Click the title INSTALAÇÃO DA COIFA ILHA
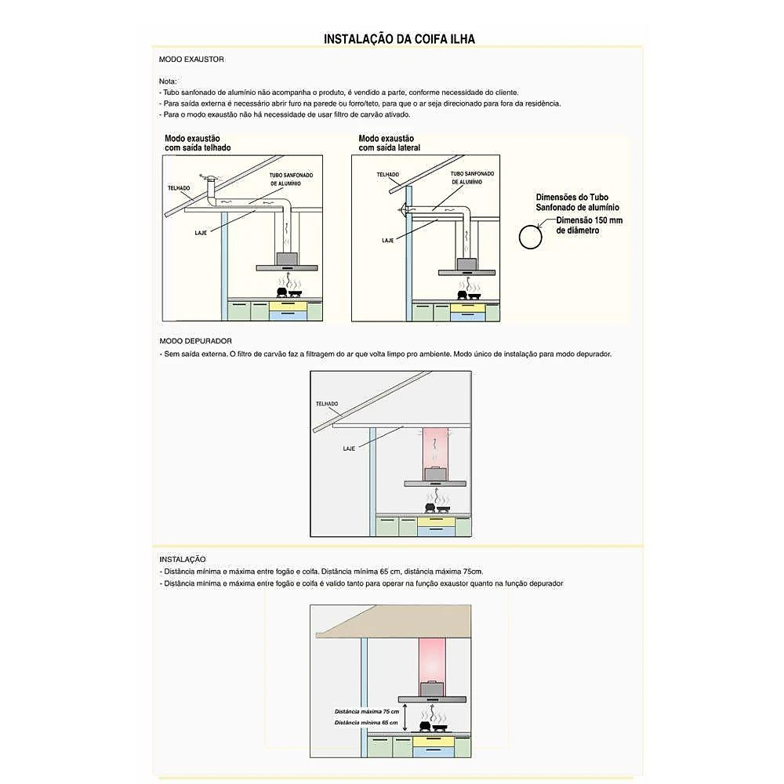399,39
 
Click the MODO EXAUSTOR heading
191,59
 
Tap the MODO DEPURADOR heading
195,341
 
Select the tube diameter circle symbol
530,237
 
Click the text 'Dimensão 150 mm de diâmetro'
589,226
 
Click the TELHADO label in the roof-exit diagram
179,188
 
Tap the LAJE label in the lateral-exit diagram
387,241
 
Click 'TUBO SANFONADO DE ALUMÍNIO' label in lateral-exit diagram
472,178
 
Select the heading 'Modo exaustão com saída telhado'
198,143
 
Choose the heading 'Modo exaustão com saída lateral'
389,143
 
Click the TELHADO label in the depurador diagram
327,404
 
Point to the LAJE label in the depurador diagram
349,448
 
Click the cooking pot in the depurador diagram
430,507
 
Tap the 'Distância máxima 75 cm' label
367,712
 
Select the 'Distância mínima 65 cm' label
366,723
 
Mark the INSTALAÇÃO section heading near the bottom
183,560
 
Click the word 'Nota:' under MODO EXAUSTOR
168,82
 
